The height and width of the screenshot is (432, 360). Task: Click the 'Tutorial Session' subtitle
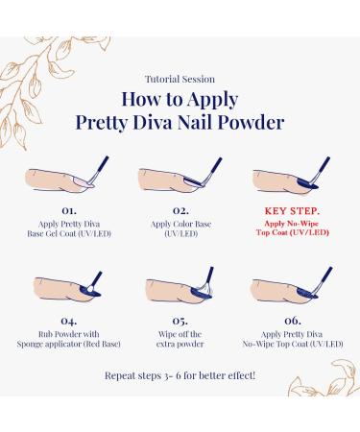coord(180,79)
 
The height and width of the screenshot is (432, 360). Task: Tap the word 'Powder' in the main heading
coord(252,122)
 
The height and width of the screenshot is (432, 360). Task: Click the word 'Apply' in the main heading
coord(212,100)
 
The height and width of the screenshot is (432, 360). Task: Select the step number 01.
coord(69,210)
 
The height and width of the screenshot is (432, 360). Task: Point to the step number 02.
coord(180,210)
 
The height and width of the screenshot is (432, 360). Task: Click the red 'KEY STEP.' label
coord(292,211)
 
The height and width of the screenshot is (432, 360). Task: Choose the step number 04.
coord(69,321)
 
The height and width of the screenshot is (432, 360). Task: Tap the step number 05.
coord(180,321)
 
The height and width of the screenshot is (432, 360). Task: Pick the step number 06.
coord(293,321)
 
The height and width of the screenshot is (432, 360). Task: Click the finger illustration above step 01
coord(55,180)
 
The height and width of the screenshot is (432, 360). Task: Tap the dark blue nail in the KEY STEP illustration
coord(306,182)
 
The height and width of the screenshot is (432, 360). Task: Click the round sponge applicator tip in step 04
coord(90,288)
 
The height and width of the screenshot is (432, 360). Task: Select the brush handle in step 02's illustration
coord(215,166)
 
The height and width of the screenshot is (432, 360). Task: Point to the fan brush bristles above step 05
coord(204,288)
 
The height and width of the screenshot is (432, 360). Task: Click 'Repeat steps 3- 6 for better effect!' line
coord(180,375)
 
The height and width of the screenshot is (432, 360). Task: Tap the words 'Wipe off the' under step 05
coord(180,334)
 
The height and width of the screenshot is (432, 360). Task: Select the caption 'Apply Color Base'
coord(180,224)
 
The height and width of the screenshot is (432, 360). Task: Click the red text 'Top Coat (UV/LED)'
coord(293,232)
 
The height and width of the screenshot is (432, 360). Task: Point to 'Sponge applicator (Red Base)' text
coord(69,344)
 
